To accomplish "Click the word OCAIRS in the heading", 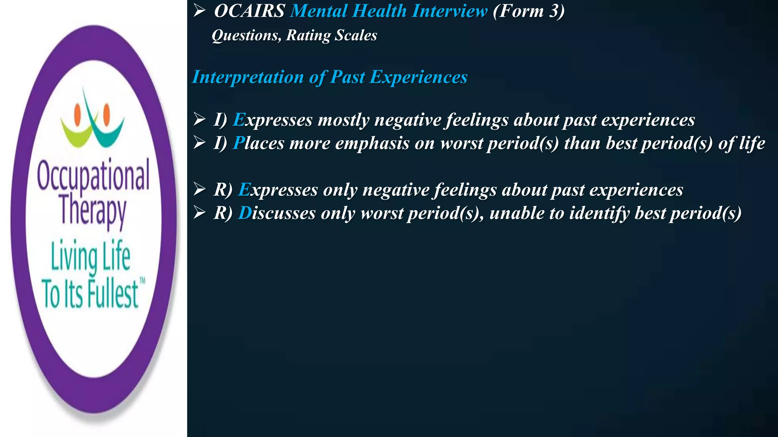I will [x=249, y=11].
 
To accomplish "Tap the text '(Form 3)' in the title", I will [x=528, y=11].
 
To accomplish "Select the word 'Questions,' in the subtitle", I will [x=247, y=35].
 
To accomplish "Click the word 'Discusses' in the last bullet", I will [x=277, y=213].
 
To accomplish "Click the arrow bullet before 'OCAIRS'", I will [x=199, y=11].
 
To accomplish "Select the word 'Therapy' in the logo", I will [x=93, y=211].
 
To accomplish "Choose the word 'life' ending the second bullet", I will [x=752, y=143].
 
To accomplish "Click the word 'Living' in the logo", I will [x=74, y=257].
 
